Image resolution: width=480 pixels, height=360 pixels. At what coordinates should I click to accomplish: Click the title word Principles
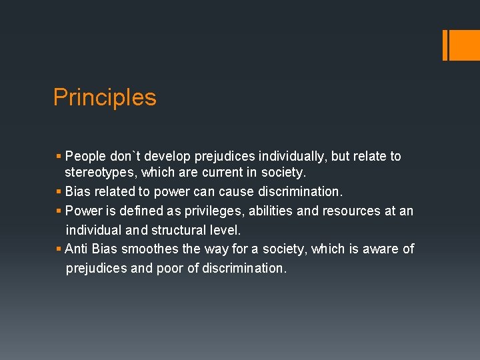tap(105, 97)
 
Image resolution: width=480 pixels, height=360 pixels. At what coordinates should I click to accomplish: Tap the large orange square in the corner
tap(461, 45)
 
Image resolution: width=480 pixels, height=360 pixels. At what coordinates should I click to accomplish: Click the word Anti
tap(76, 249)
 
